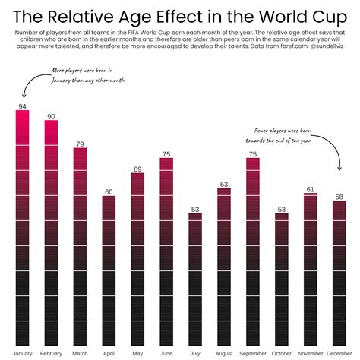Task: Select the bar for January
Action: click(x=22, y=228)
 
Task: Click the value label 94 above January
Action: click(x=22, y=106)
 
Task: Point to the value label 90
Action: click(x=51, y=116)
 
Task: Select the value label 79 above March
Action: click(x=80, y=143)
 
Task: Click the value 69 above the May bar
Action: click(x=137, y=169)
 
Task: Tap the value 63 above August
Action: click(x=224, y=184)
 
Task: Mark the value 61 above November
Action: click(x=311, y=189)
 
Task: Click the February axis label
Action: click(x=51, y=354)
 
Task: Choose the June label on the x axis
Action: click(x=166, y=354)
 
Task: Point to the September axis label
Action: click(x=253, y=354)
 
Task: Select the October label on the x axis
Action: click(x=282, y=354)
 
